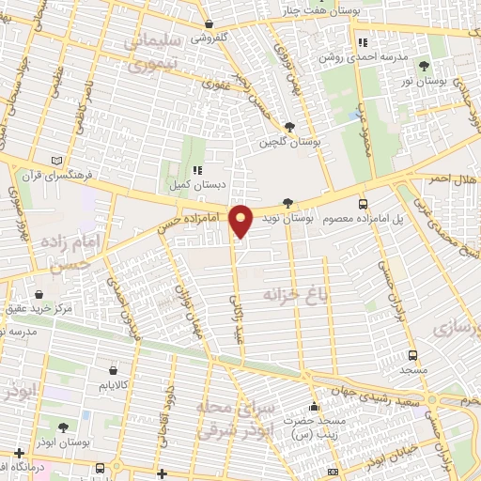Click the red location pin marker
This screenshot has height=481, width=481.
point(242,222)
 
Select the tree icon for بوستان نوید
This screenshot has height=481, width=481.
point(287,203)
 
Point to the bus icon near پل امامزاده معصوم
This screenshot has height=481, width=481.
point(364,203)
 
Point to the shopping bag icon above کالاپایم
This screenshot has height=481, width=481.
point(114,369)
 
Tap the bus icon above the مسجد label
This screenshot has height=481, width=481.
point(412,355)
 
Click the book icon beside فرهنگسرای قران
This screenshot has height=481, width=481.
point(58,160)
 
